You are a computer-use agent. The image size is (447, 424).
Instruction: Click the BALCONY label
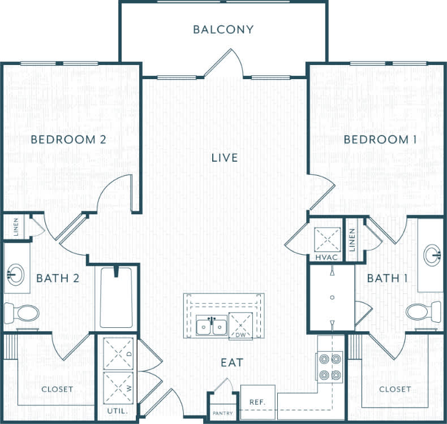pos(223,29)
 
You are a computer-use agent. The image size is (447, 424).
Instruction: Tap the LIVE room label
pos(224,158)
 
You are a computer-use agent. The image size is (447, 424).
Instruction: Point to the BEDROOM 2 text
pos(68,140)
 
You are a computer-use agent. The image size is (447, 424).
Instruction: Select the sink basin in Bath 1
pos(433,254)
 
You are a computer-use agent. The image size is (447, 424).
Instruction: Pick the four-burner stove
pos(329,366)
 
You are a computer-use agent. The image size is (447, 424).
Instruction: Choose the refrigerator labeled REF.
pos(257,402)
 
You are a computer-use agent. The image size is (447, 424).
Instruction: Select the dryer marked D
pos(119,353)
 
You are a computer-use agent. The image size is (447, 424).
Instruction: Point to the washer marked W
pos(119,388)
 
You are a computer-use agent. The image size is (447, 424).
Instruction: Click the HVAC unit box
pos(328,240)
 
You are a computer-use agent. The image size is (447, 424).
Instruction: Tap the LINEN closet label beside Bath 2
pos(16,227)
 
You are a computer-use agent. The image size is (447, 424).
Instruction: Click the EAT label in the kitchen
pos(233,363)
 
